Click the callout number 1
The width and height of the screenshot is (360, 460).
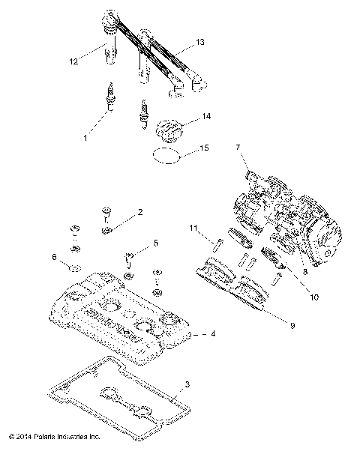(85, 138)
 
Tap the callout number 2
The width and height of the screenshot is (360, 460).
(140, 213)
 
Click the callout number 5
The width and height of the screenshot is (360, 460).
(156, 243)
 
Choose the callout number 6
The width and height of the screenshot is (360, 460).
(54, 256)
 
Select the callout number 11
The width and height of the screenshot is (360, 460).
(193, 228)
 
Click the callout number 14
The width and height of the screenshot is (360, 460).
(206, 117)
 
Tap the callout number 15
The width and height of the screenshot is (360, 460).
(205, 149)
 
